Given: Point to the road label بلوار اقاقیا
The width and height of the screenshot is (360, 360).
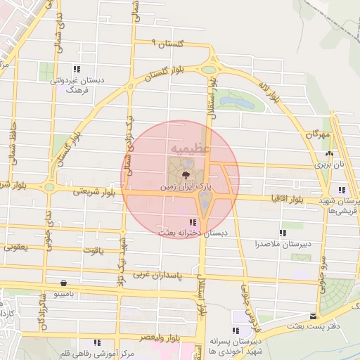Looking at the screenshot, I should click(x=290, y=200).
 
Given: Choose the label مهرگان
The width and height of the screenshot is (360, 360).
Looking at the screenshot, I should click(x=318, y=133).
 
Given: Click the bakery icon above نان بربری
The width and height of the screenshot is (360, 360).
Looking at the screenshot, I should click(x=328, y=154).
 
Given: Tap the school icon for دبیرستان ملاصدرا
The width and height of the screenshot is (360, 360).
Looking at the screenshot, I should click(x=283, y=233).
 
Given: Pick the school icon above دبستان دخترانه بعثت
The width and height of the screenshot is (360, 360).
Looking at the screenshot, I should click(x=193, y=223).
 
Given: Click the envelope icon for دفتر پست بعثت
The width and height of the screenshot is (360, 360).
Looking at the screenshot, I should click(x=314, y=316).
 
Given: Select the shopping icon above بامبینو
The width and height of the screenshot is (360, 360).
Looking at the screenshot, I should click(x=64, y=283).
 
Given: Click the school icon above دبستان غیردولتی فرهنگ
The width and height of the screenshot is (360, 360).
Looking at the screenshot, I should click(x=77, y=69).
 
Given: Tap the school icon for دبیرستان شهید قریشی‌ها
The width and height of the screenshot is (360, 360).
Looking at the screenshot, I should click(x=342, y=190).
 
